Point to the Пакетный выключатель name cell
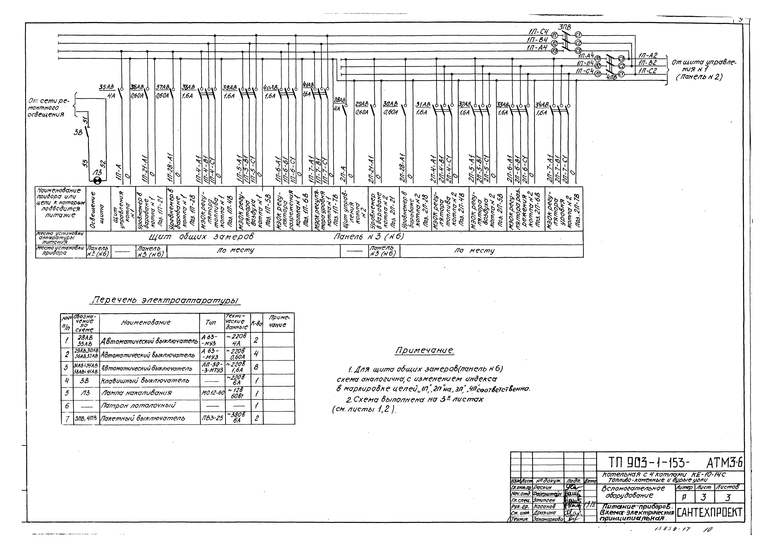tap(143, 418)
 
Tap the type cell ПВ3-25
tap(212, 418)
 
